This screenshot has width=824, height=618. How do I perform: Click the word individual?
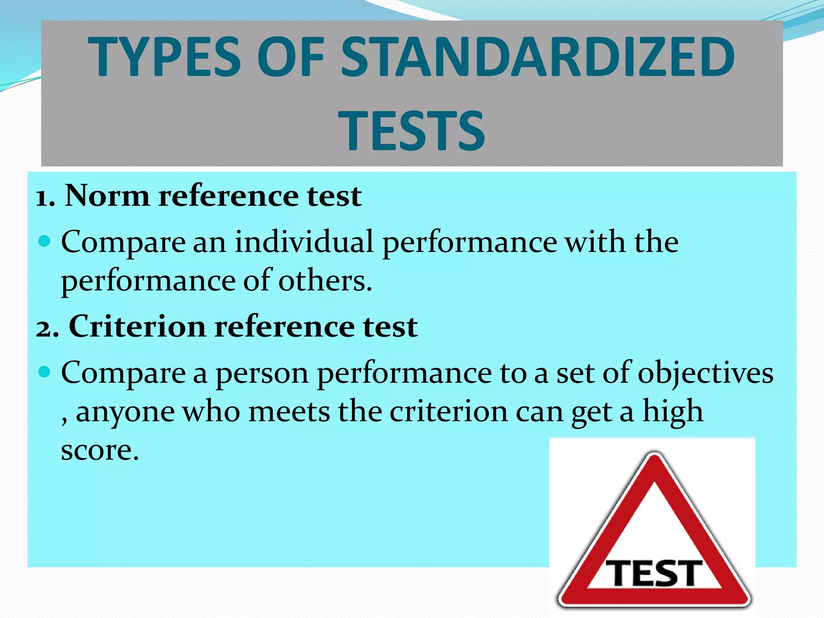[x=304, y=242]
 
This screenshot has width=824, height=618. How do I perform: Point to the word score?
[x=99, y=450]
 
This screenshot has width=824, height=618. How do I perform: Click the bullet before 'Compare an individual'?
[x=44, y=241]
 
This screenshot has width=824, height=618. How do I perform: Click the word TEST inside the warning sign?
[x=654, y=573]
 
